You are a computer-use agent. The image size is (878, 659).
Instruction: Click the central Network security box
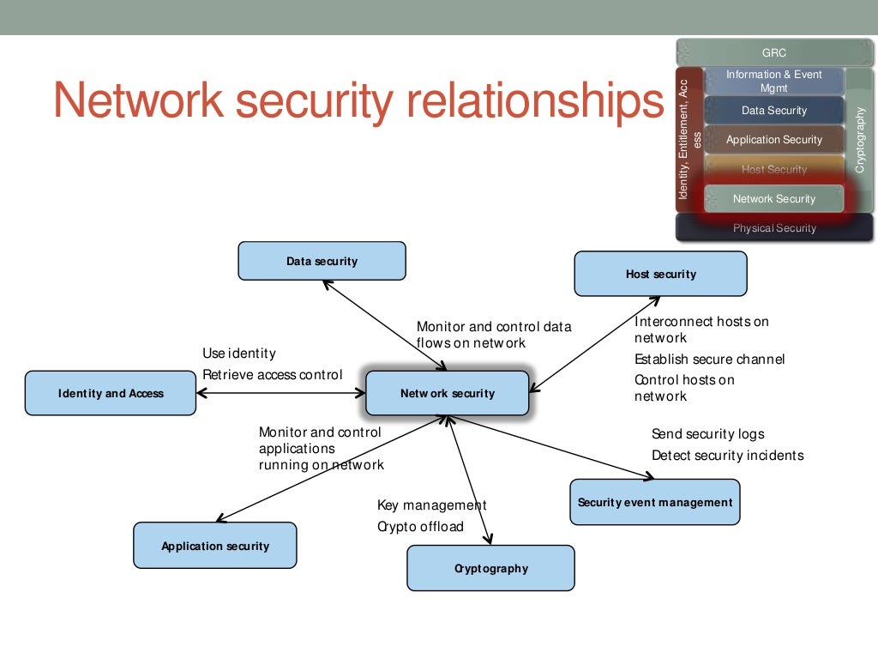pos(447,394)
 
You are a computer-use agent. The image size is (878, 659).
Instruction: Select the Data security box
pos(322,261)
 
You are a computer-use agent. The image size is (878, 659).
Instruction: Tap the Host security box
pos(660,275)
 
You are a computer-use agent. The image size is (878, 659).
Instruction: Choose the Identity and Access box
pos(111,394)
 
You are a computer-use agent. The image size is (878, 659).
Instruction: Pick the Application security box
pos(215,546)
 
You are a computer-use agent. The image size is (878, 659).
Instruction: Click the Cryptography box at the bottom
pos(490,568)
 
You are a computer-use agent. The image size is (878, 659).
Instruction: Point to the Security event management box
pos(654,502)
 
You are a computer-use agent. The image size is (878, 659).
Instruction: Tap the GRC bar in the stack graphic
pos(773,52)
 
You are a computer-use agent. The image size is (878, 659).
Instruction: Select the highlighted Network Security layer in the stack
pos(773,199)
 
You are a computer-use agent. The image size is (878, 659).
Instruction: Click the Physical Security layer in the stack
pos(773,228)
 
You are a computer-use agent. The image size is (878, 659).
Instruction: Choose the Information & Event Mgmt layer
pos(773,82)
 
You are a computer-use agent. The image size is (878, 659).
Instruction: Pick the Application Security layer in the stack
pos(773,140)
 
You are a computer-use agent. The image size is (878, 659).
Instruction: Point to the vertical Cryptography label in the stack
pos(861,139)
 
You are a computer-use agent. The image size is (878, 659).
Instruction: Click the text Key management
pos(431,505)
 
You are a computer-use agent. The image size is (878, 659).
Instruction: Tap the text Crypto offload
pos(420,527)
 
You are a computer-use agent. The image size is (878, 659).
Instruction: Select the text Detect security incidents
pos(727,456)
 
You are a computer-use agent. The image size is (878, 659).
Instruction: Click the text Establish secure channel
pos(709,360)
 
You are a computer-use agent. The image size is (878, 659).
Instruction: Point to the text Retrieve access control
pos(272,375)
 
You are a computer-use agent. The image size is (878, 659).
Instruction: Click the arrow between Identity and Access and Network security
pos(281,394)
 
